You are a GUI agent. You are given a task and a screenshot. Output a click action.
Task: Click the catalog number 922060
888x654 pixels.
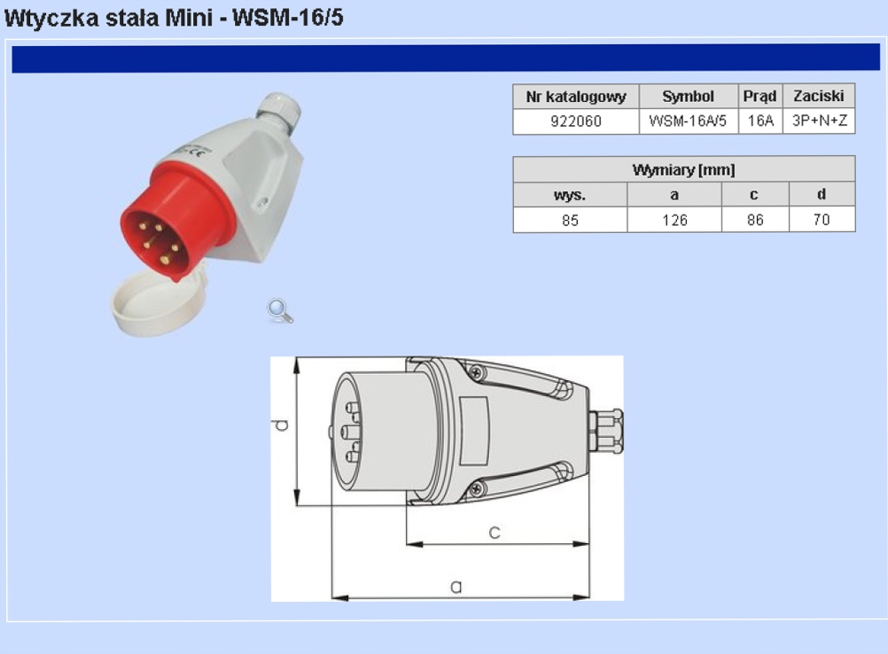[575, 121]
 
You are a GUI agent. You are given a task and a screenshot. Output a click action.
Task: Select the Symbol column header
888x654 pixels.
[688, 97]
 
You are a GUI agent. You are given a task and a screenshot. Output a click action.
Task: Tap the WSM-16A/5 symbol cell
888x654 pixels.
[688, 121]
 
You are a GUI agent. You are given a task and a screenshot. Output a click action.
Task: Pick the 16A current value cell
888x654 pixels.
[760, 121]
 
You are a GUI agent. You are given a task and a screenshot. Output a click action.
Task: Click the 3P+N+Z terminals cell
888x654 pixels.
[819, 121]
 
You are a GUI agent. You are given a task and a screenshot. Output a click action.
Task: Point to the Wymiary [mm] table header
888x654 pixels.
[683, 170]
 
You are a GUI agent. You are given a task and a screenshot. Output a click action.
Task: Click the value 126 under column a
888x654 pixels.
[674, 221]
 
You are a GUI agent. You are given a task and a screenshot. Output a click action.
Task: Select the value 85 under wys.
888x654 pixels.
[571, 221]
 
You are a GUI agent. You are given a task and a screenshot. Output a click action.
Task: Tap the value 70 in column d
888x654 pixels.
[822, 220]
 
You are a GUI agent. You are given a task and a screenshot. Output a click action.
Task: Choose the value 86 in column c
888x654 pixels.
[755, 221]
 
